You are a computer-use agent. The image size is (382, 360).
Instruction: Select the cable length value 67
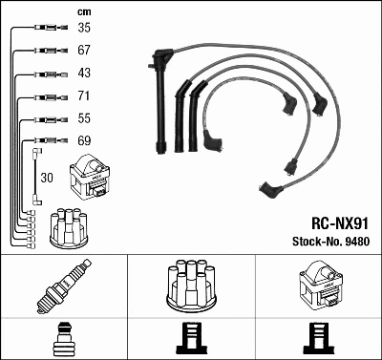click(84, 51)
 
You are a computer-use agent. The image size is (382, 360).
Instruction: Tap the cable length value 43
click(84, 74)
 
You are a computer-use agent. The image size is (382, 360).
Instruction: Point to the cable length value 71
click(84, 96)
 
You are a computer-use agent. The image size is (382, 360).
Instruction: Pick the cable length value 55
click(84, 119)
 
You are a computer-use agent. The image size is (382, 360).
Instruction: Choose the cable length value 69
click(84, 140)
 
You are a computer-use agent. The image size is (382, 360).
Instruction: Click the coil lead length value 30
click(47, 179)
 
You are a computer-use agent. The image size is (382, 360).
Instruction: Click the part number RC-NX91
click(340, 219)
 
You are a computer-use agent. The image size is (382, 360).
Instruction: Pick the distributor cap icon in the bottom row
click(190, 286)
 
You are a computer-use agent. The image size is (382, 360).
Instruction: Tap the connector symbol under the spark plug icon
click(63, 337)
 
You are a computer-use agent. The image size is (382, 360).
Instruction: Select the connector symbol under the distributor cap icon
click(191, 337)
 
